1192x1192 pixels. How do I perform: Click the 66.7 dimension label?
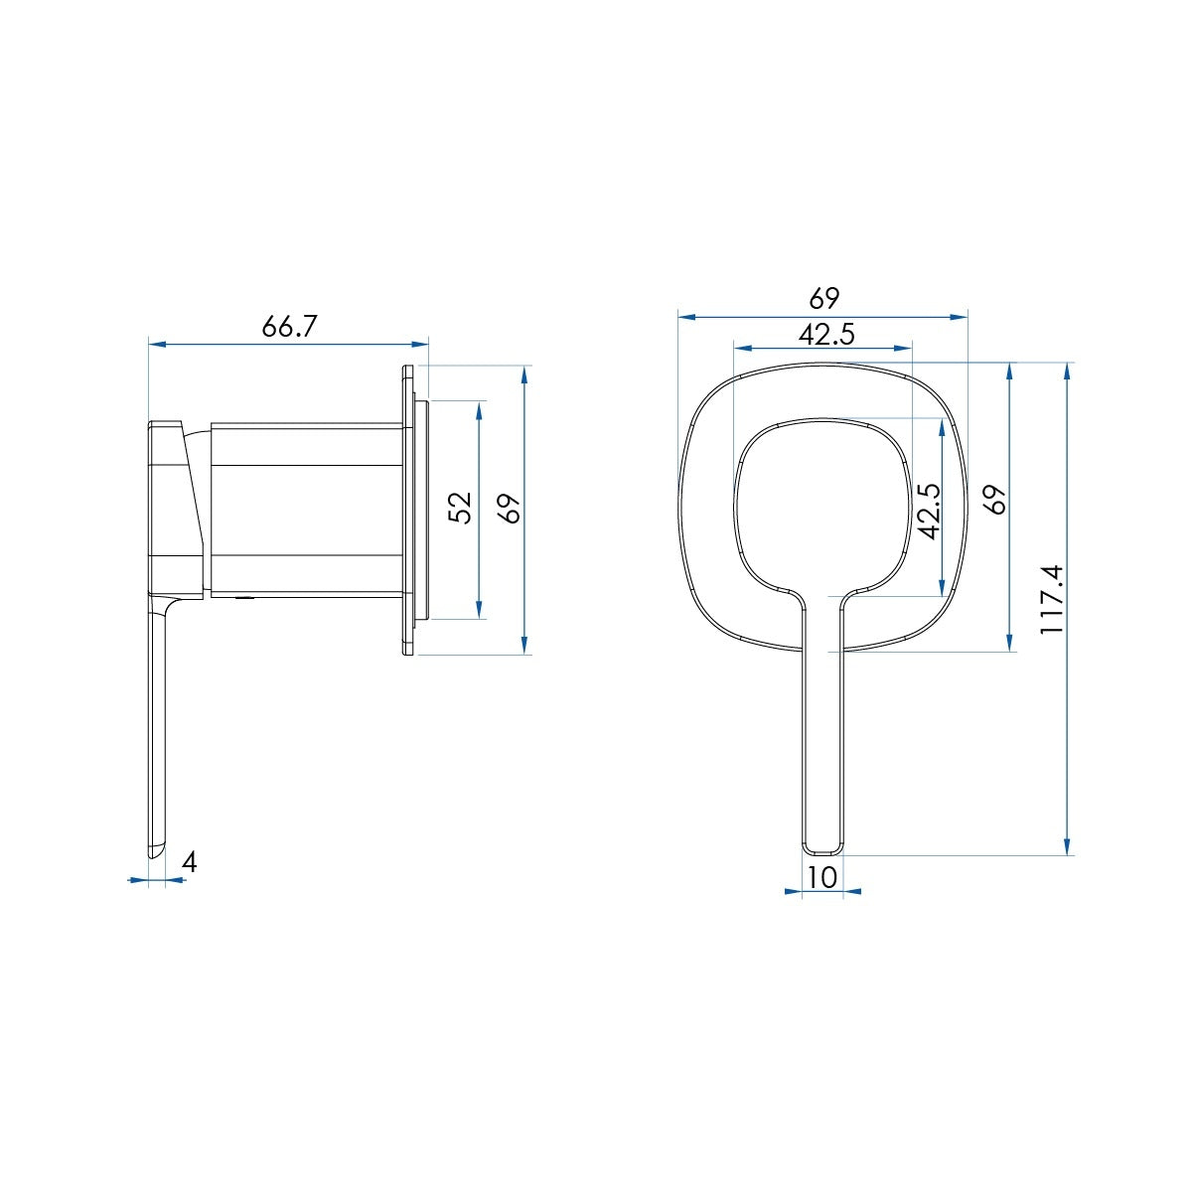click(x=289, y=326)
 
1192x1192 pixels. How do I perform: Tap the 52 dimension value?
click(x=460, y=508)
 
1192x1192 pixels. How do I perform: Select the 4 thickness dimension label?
click(x=190, y=862)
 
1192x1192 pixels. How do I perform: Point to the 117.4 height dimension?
click(x=1051, y=598)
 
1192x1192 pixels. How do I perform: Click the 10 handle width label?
click(x=822, y=876)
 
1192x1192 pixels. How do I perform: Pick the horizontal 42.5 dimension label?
click(x=826, y=335)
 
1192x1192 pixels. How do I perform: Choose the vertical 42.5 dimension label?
click(x=929, y=511)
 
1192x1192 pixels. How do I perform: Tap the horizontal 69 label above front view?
click(x=823, y=299)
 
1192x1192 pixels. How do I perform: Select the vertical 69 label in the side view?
click(x=512, y=509)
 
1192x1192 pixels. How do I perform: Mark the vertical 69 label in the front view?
click(x=996, y=500)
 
